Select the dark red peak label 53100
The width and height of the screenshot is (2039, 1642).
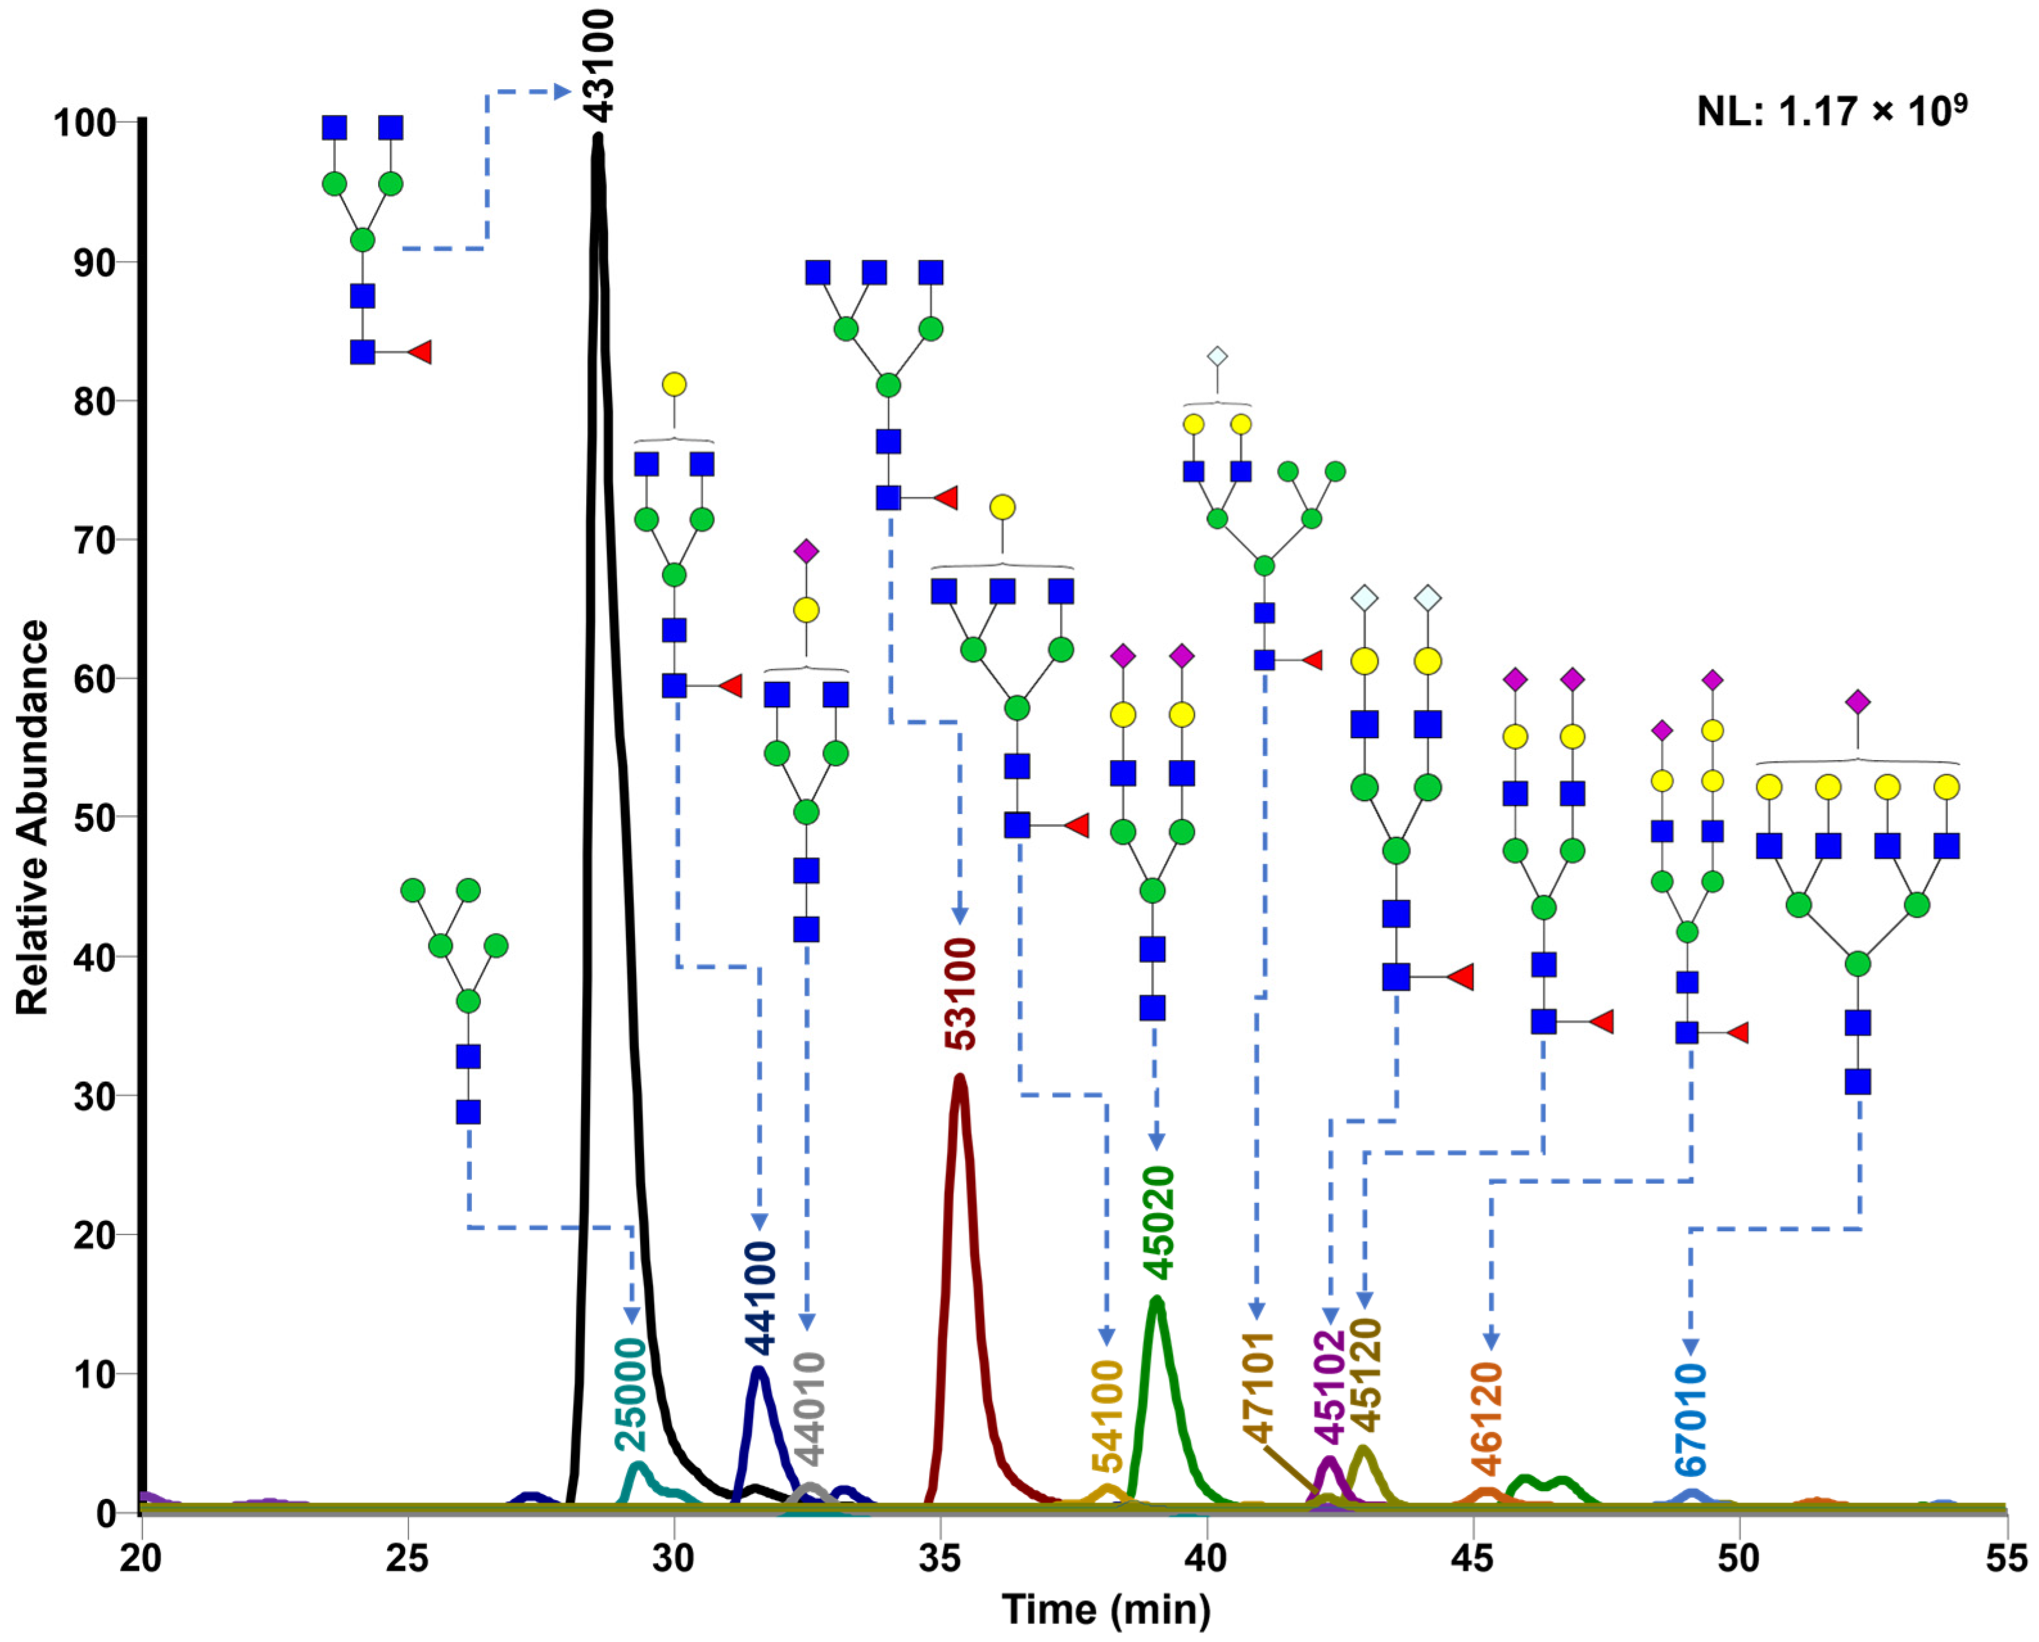coord(962,994)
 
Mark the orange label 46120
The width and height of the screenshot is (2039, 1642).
coord(1488,1418)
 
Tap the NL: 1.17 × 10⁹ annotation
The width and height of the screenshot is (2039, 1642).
coord(1832,112)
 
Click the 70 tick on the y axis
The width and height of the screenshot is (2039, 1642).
coord(94,540)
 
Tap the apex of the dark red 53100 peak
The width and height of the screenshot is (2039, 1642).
coord(960,1077)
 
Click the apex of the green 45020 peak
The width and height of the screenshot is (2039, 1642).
coord(1156,1301)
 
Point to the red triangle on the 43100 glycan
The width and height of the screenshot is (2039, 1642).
coord(420,353)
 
